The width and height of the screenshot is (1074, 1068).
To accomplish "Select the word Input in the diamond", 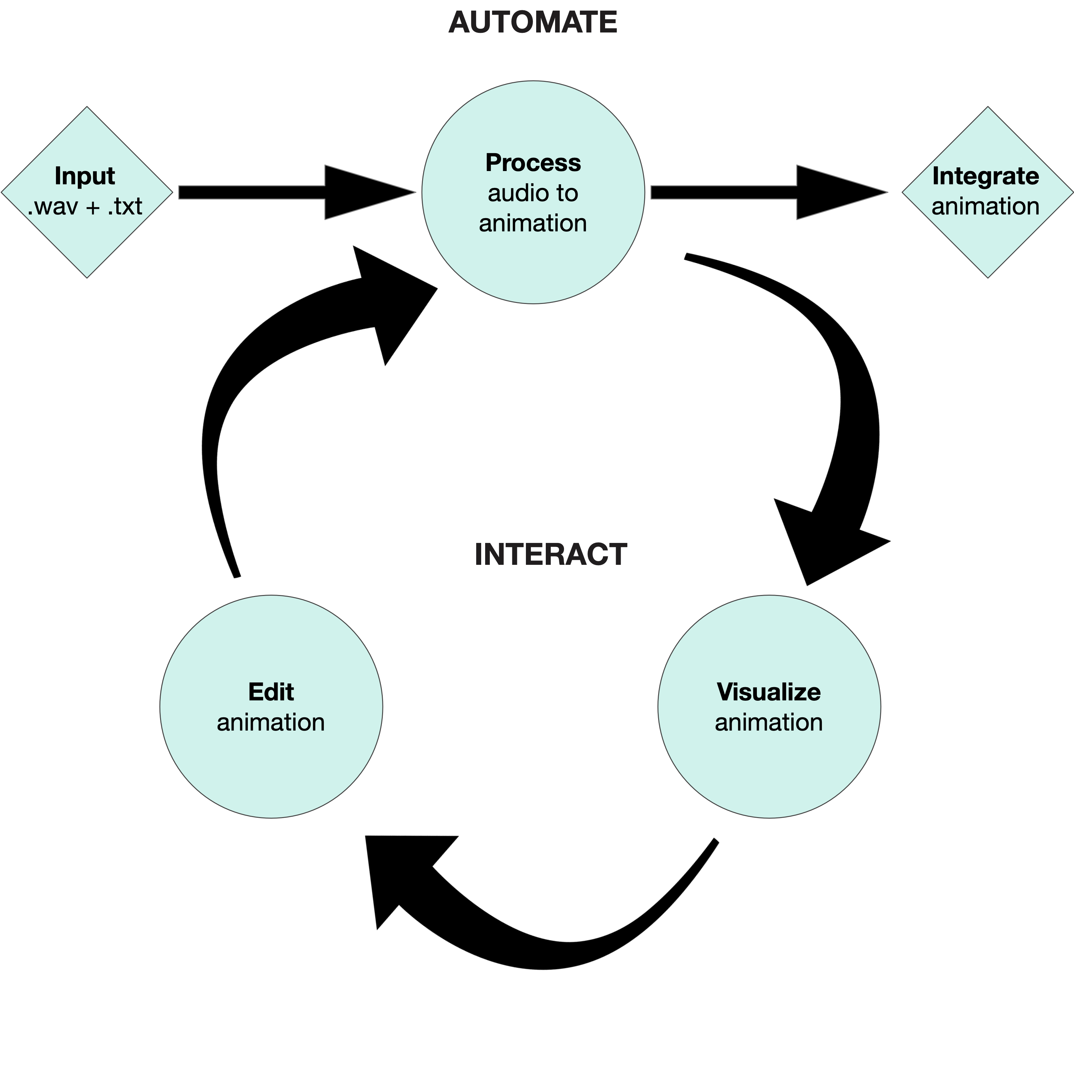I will click(85, 176).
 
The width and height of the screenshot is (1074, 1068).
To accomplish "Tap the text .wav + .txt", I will click(85, 207).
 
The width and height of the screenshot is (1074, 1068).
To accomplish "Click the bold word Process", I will click(533, 163).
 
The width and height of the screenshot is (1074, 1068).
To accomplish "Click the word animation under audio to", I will click(533, 223).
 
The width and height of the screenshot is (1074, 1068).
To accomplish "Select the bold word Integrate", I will click(985, 176).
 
